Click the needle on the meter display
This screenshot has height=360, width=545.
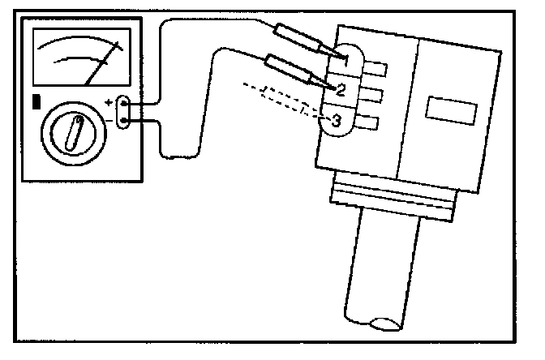103,64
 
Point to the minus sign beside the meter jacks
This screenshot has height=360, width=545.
109,122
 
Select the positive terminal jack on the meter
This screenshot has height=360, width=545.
123,105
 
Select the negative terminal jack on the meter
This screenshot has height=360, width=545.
123,122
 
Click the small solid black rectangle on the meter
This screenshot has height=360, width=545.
36,102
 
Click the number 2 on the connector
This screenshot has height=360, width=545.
341,88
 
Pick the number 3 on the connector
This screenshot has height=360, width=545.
336,121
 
